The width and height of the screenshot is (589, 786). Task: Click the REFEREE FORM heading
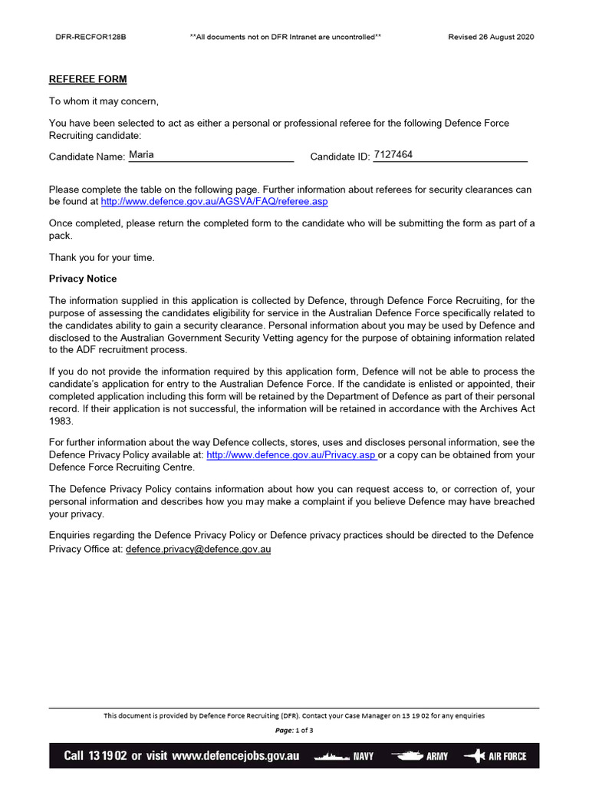tap(88, 79)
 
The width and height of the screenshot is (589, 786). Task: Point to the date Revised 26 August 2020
tap(491, 37)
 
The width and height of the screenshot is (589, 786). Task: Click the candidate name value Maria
tap(142, 154)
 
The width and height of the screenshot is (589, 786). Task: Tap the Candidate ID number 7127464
tap(393, 154)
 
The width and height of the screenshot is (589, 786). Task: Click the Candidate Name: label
tap(87, 157)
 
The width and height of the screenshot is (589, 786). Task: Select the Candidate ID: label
tap(340, 157)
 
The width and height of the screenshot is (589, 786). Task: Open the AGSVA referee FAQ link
tap(215, 201)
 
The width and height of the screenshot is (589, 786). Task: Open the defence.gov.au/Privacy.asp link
tap(291, 454)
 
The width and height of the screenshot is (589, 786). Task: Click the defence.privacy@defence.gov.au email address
tap(199, 550)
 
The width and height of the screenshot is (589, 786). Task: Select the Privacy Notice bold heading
tap(83, 279)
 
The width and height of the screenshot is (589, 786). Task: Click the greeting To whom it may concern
tap(104, 101)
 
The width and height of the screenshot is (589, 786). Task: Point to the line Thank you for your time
tap(102, 258)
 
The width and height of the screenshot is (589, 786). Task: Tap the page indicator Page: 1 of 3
tap(294, 730)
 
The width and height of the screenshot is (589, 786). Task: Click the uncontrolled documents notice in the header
tap(285, 37)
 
